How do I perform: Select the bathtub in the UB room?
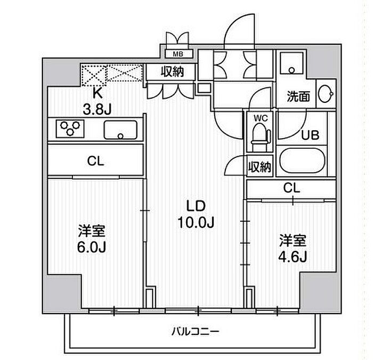click(302, 160)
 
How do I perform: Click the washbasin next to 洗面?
click(325, 94)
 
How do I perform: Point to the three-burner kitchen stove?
click(70, 129)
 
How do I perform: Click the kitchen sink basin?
click(120, 130)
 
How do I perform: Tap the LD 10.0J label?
click(196, 214)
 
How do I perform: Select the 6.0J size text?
click(91, 247)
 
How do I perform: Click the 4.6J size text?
click(293, 257)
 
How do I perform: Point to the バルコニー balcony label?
click(195, 331)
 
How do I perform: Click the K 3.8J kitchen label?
click(97, 101)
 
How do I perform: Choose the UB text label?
click(310, 135)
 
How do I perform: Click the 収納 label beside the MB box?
click(173, 71)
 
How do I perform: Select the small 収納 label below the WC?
click(260, 167)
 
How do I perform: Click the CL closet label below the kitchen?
click(95, 161)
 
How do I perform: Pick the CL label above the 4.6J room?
click(291, 188)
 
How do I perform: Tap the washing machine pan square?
click(291, 63)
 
